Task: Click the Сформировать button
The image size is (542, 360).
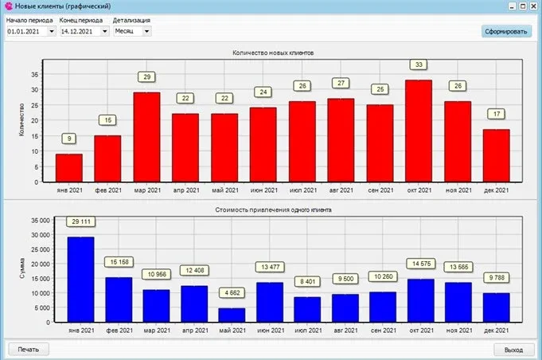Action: click(x=506, y=32)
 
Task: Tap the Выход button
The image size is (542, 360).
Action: click(x=513, y=350)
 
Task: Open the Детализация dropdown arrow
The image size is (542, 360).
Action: click(x=146, y=32)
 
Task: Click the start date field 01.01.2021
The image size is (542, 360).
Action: click(x=27, y=32)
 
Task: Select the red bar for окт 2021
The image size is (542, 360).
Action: click(x=419, y=131)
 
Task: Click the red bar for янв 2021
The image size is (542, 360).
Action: click(x=69, y=168)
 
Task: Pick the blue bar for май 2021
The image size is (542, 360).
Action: click(x=232, y=315)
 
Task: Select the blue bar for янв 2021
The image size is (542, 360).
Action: click(x=81, y=280)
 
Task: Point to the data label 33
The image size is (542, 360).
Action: click(x=419, y=65)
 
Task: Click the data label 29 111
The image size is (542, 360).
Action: click(x=81, y=221)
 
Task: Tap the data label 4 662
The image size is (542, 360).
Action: click(x=232, y=293)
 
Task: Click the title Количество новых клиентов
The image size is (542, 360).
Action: click(x=273, y=53)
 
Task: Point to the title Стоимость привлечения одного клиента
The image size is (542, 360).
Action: click(x=273, y=210)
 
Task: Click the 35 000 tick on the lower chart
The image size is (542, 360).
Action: click(x=41, y=221)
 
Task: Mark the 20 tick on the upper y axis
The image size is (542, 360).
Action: click(x=34, y=120)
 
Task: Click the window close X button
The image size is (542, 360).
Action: click(x=534, y=6)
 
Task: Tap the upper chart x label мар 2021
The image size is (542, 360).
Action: click(x=147, y=190)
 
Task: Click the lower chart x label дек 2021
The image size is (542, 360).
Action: click(x=497, y=331)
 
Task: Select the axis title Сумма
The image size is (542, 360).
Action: click(x=22, y=268)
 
